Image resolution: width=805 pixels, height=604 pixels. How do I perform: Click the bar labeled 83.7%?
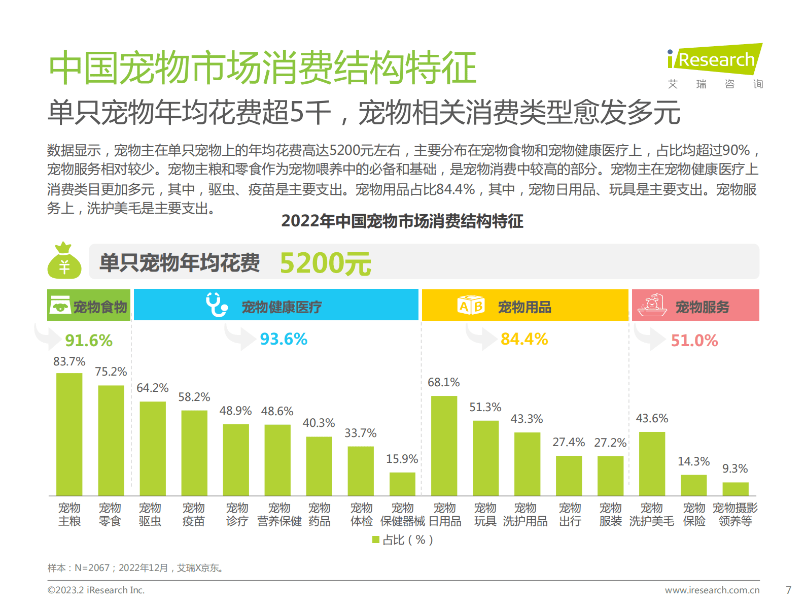coord(69,434)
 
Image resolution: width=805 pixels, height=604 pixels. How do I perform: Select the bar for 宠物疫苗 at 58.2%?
coord(194,453)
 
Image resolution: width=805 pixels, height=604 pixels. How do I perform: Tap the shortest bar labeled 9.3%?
coord(735,489)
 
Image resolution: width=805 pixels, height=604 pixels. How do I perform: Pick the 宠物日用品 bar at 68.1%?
coord(444,446)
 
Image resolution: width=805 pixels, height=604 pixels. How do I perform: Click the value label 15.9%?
coord(402,459)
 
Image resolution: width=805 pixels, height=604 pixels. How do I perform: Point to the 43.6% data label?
coord(652,418)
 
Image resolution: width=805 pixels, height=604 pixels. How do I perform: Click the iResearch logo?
coord(715,60)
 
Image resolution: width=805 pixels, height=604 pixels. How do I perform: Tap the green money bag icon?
coord(64,261)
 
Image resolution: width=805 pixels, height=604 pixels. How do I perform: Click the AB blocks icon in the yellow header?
coord(471,306)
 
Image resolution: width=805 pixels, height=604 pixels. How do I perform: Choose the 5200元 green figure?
coord(325,263)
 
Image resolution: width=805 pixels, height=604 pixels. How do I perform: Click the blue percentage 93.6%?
coord(284,339)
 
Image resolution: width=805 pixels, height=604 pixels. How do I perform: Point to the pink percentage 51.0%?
coord(694,341)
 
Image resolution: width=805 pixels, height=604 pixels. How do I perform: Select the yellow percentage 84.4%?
coord(524,339)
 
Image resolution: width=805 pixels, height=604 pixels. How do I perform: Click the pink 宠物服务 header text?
coord(702,307)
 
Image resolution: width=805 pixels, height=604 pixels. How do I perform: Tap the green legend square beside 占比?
coord(376,540)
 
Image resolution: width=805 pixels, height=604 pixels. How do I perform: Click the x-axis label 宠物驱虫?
coord(150,514)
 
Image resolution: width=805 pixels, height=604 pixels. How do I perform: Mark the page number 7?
coord(788,590)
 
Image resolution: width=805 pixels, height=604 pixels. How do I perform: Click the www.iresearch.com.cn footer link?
coord(712,590)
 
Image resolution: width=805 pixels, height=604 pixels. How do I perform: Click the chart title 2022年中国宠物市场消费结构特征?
coord(402,221)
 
